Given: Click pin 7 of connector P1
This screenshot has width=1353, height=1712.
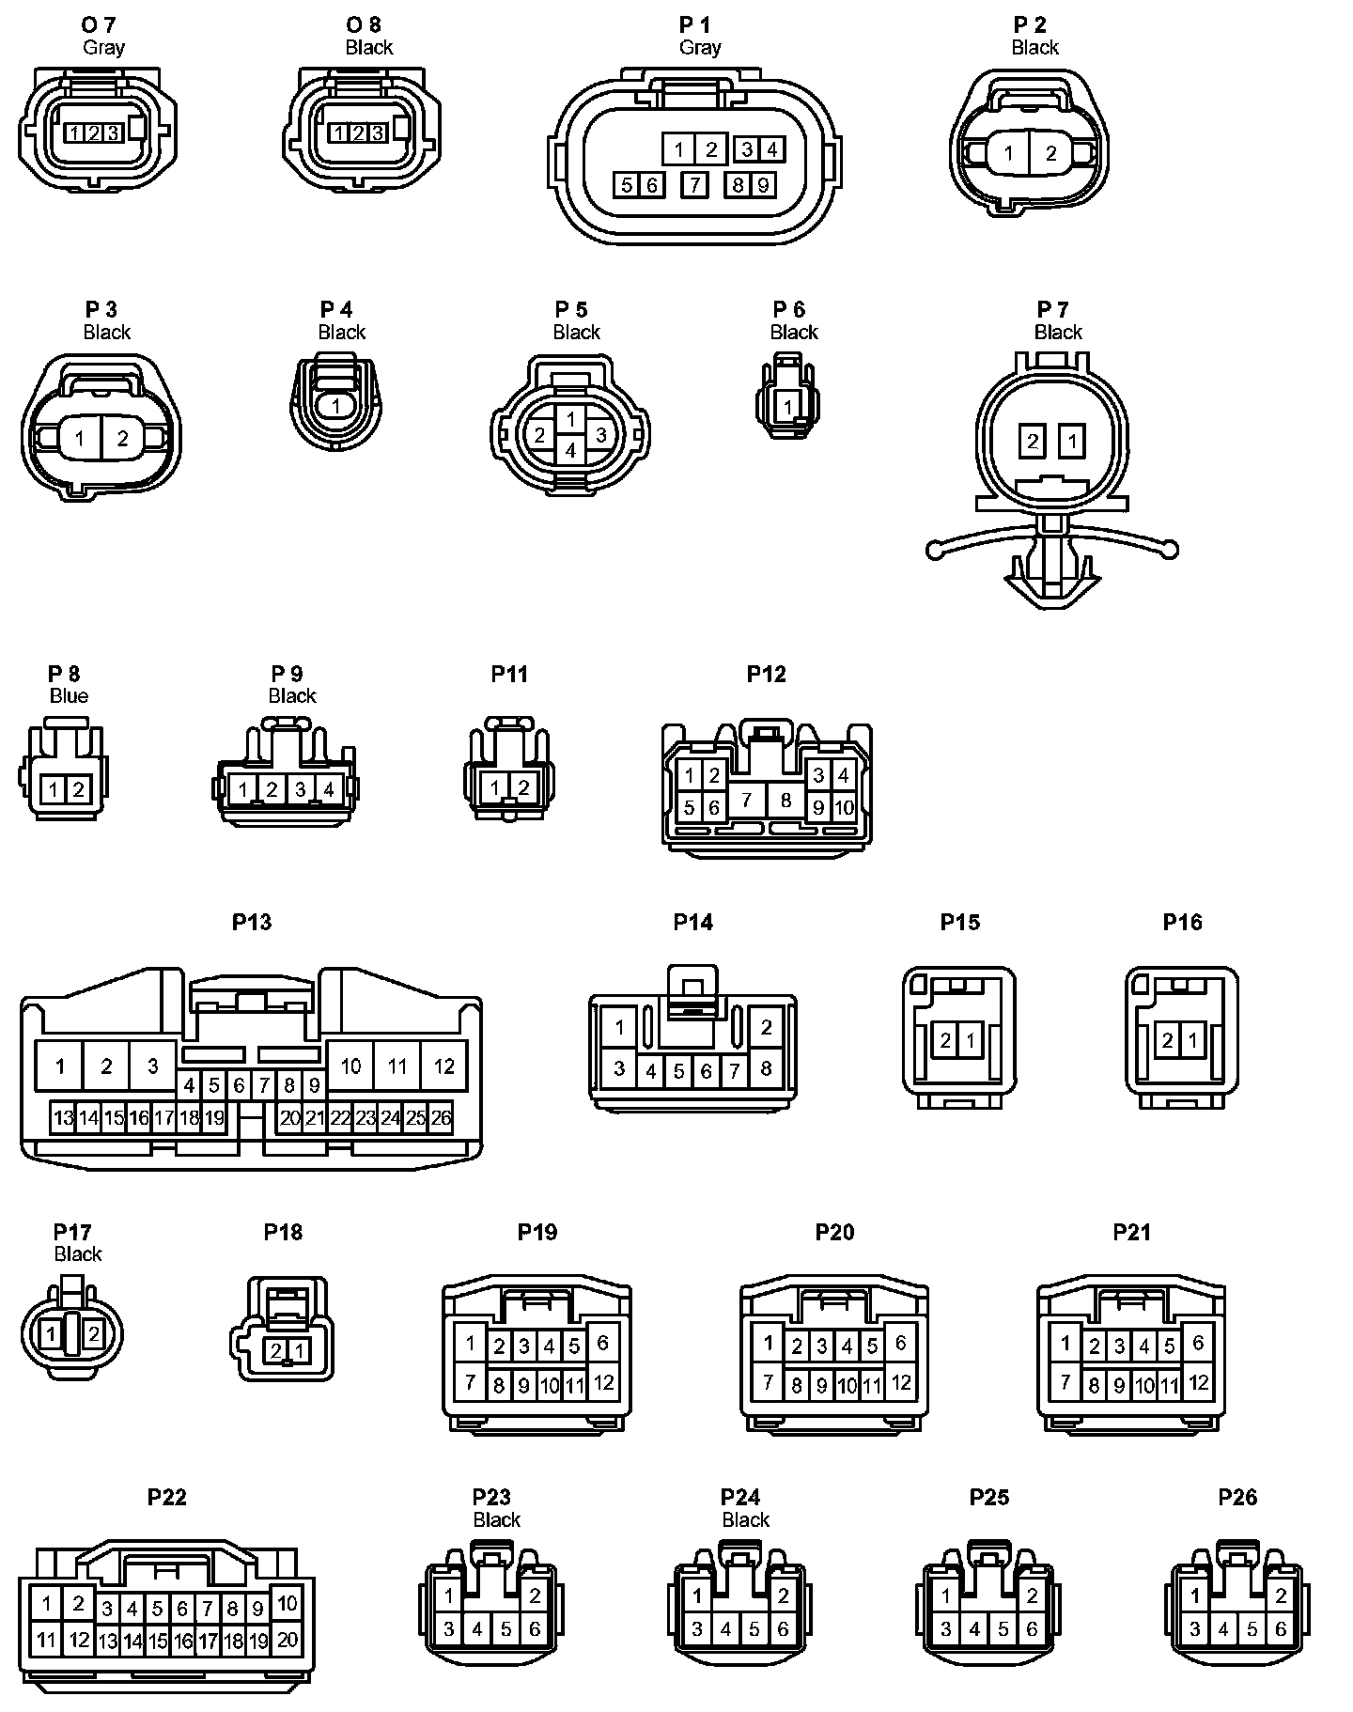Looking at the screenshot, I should (x=694, y=185).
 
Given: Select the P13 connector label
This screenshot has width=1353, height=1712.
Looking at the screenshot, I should (x=252, y=922).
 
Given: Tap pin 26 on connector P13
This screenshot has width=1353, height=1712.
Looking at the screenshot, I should (x=441, y=1117).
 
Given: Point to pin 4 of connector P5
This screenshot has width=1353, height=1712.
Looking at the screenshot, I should (x=570, y=450).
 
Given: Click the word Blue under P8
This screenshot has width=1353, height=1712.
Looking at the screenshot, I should (x=69, y=696).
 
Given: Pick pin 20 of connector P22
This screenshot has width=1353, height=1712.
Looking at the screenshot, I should (x=288, y=1639).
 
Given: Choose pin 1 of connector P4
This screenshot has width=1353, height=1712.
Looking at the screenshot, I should (x=337, y=406).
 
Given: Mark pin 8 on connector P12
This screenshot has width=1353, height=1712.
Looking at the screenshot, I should (x=785, y=801).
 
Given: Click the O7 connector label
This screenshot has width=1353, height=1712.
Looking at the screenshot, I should (x=100, y=24).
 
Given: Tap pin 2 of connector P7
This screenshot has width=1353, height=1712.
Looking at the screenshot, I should (x=1033, y=441).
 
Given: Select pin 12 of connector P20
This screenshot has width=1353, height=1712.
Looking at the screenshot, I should (x=901, y=1382).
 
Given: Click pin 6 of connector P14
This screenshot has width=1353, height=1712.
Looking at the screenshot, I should (x=707, y=1070).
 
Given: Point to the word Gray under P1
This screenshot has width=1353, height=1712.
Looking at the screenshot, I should (x=700, y=48).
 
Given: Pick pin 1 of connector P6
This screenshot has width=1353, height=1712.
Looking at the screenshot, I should (x=789, y=407).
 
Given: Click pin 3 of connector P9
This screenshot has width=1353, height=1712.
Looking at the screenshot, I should (x=301, y=790).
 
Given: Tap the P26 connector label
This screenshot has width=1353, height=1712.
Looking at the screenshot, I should (x=1237, y=1497).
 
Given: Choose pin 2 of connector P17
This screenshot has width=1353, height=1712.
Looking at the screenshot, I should (x=93, y=1332).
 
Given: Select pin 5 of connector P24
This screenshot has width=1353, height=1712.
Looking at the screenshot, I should (x=754, y=1629).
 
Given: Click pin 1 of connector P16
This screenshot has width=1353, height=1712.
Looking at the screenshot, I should (x=1192, y=1040).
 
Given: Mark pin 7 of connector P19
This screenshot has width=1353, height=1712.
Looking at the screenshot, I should (x=471, y=1382).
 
